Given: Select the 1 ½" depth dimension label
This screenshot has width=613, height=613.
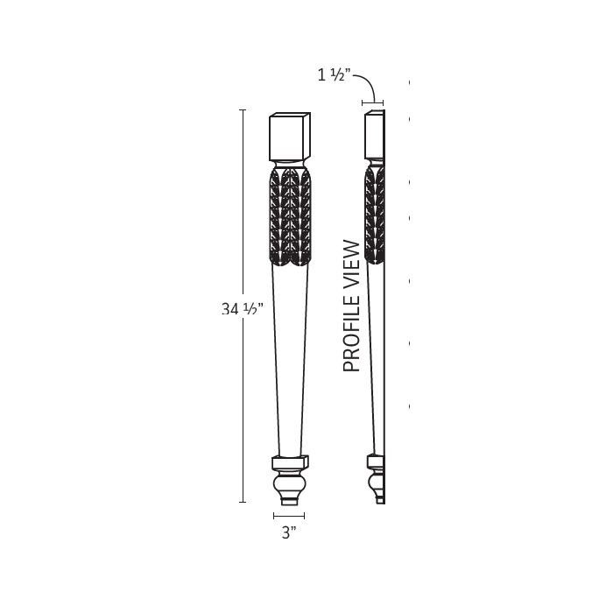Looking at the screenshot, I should point(334,75).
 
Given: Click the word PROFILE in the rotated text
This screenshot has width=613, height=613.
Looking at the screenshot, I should point(352,332).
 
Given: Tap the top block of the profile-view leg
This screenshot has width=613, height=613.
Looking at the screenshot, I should point(374,137).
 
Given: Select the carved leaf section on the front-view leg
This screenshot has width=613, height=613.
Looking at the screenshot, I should point(289,215).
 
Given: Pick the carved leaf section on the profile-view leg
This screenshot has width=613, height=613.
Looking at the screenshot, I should point(375,215).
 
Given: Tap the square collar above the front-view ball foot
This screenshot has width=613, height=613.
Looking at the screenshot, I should point(289,462).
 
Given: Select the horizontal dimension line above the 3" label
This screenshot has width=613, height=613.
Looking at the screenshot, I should point(289,516).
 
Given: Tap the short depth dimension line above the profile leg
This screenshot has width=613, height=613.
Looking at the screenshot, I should point(373,102).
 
